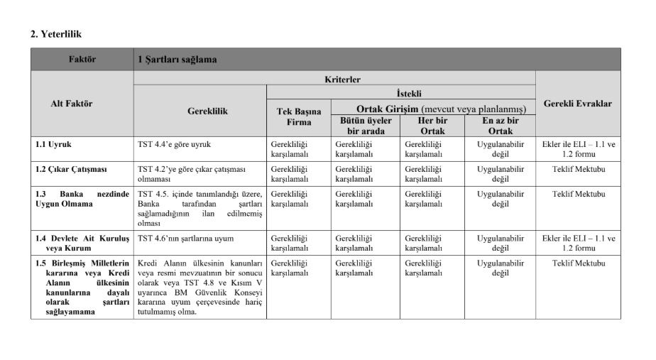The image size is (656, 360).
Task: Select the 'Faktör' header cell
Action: pos(82,60)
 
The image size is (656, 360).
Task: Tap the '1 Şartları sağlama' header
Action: pos(177,60)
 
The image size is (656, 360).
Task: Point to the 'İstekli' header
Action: pos(400,93)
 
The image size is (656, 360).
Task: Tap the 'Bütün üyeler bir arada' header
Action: pos(365,126)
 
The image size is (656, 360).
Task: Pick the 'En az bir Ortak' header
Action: pos(501,126)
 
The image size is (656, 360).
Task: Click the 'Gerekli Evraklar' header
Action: pos(577,104)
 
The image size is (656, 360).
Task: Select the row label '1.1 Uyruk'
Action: pos(53,144)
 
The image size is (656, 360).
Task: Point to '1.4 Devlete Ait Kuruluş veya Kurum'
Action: pos(82,243)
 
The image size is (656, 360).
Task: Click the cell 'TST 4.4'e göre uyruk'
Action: pos(174,144)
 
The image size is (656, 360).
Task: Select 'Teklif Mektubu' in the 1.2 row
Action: pos(579,169)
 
